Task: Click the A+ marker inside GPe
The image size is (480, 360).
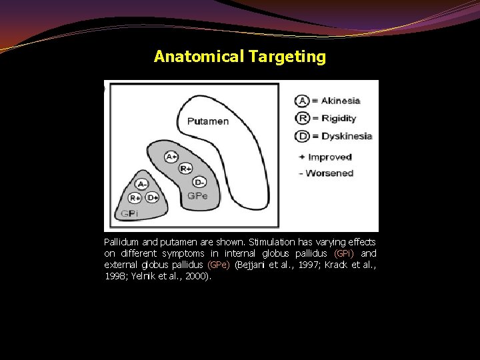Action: [x=171, y=157]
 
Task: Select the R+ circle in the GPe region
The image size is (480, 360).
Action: [x=186, y=169]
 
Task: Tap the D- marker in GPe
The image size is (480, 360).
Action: [x=199, y=182]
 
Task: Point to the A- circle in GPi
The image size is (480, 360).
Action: [x=142, y=184]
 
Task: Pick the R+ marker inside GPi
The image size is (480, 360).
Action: [x=135, y=198]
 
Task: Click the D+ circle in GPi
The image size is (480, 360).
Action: [x=152, y=198]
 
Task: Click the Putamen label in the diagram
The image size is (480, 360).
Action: [x=207, y=121]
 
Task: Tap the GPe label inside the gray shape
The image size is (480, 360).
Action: [x=197, y=196]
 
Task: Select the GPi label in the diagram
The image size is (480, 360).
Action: [x=129, y=213]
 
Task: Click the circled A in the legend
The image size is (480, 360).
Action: [x=301, y=101]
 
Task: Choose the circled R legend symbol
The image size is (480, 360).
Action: [x=301, y=119]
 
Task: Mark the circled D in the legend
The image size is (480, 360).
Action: [x=301, y=136]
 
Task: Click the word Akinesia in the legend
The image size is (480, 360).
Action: [x=341, y=101]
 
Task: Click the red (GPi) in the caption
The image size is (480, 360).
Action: [x=345, y=253]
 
